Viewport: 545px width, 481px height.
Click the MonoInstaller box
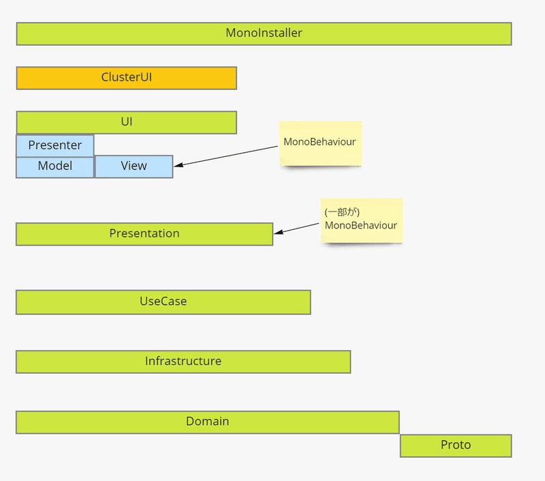click(264, 33)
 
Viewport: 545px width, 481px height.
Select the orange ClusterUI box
click(127, 78)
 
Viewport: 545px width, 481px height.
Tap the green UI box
click(127, 122)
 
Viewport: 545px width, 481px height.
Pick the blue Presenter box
click(55, 145)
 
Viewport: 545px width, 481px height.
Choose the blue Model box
click(55, 167)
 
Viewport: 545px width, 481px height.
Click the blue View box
click(134, 166)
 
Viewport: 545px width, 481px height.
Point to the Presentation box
click(144, 234)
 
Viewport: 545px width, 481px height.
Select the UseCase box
click(163, 302)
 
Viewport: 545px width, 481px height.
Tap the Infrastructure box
click(183, 362)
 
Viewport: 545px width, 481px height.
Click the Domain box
click(208, 422)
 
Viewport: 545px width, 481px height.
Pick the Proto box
click(456, 446)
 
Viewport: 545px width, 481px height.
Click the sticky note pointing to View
click(320, 143)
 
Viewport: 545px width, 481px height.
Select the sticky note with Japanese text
click(362, 220)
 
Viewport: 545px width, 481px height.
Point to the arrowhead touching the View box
click(178, 165)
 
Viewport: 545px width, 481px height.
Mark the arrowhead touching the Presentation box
click(278, 232)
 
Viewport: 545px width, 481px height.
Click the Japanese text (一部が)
click(342, 212)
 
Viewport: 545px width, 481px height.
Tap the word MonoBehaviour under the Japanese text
click(361, 226)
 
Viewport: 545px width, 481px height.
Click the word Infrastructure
click(183, 361)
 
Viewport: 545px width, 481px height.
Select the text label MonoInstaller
click(264, 33)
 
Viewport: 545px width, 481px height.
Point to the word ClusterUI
click(127, 77)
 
